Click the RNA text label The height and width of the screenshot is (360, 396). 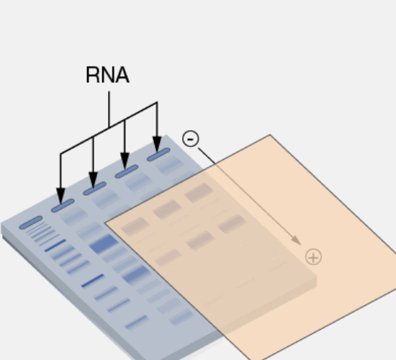click(107, 75)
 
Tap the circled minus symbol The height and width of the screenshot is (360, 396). click(191, 138)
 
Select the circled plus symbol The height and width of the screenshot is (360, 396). click(313, 257)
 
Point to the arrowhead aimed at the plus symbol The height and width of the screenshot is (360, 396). click(296, 240)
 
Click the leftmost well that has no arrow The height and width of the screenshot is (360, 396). click(31, 222)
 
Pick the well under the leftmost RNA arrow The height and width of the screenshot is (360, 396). click(63, 205)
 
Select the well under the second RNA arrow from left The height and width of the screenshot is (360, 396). click(94, 189)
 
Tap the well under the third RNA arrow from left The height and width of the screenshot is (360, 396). click(127, 171)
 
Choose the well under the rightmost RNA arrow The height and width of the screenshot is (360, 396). click(158, 155)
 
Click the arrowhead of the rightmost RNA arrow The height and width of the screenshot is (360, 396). click(157, 145)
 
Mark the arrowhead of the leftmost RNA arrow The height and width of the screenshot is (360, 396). click(60, 196)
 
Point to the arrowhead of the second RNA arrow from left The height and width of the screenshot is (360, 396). click(93, 180)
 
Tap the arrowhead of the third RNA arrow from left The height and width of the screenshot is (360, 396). click(125, 161)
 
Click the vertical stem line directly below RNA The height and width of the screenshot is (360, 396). click(109, 109)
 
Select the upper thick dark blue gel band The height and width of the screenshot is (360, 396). click(104, 244)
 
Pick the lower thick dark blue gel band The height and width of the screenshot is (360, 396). click(136, 274)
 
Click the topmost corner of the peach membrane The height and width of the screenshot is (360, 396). click(270, 135)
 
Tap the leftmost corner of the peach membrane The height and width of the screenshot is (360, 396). click(105, 223)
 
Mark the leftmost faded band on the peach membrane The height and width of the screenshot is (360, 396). click(135, 226)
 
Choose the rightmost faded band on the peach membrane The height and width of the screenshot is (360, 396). click(232, 224)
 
